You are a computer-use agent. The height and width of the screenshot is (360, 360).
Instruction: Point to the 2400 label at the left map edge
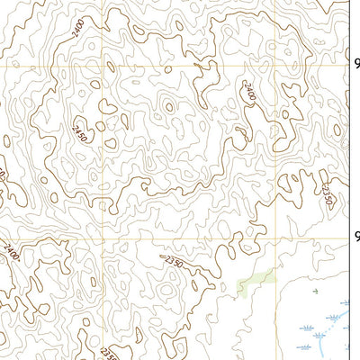9,249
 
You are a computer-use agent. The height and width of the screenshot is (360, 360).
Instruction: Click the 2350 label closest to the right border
328,193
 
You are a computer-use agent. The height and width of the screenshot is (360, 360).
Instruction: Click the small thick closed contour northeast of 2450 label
108,107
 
